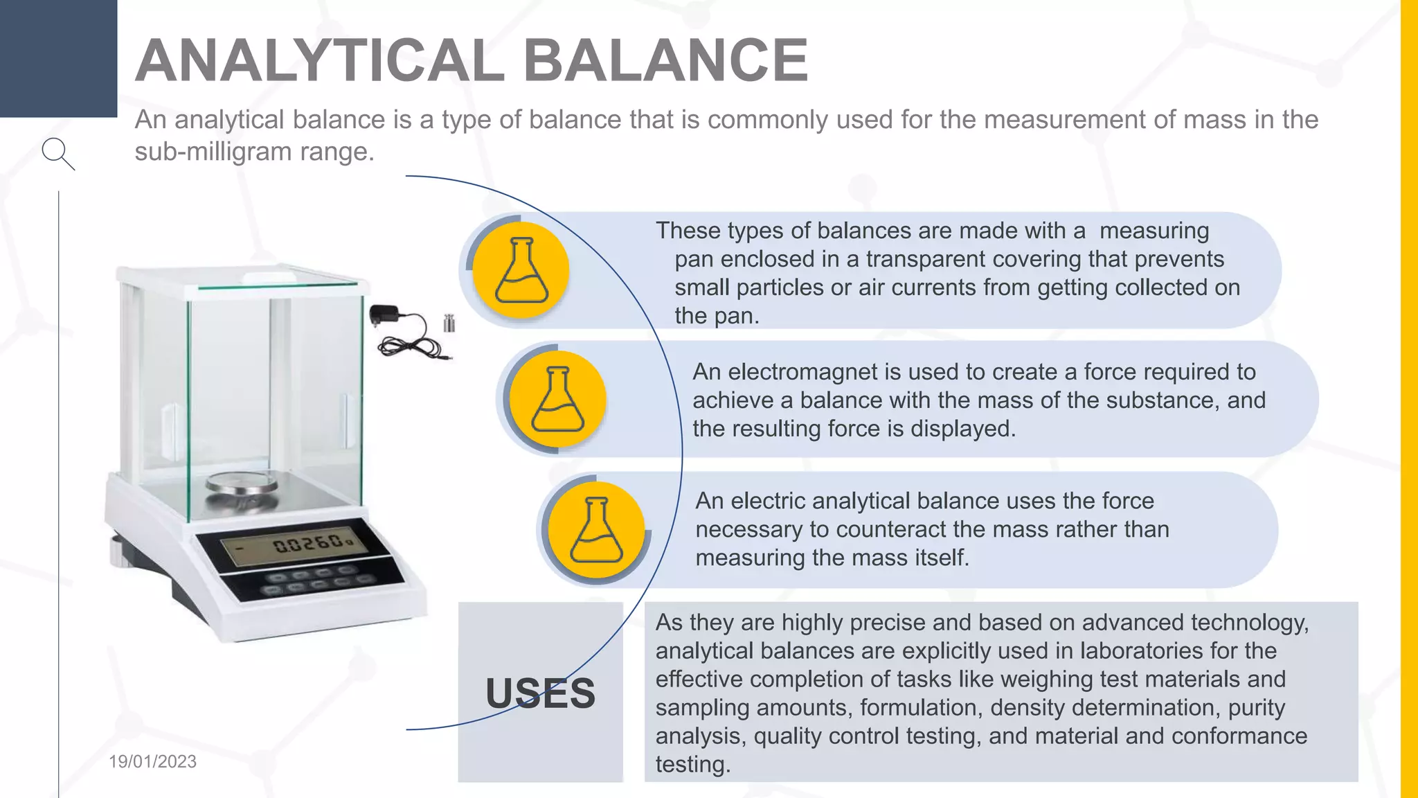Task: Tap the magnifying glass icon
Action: coord(58,154)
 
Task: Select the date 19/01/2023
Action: coord(152,761)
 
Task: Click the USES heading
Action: coord(540,693)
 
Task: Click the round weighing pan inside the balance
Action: coord(242,484)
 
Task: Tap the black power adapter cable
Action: coord(405,335)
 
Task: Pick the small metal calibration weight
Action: coord(449,323)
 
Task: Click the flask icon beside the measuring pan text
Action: coord(521,270)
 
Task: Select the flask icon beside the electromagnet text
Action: coord(558,399)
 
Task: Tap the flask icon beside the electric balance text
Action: coord(596,529)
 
